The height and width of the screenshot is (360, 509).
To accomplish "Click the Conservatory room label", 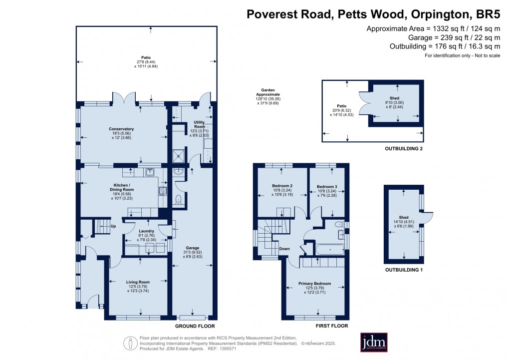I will click(121, 129).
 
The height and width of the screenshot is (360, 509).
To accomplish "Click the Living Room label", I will click(138, 282).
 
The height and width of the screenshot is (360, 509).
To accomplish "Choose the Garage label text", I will click(193, 247).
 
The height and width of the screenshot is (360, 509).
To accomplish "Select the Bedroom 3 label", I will click(327, 187).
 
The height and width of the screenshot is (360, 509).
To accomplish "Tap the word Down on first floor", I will click(284, 248).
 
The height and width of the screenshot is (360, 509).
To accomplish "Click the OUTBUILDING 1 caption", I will click(404, 270).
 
